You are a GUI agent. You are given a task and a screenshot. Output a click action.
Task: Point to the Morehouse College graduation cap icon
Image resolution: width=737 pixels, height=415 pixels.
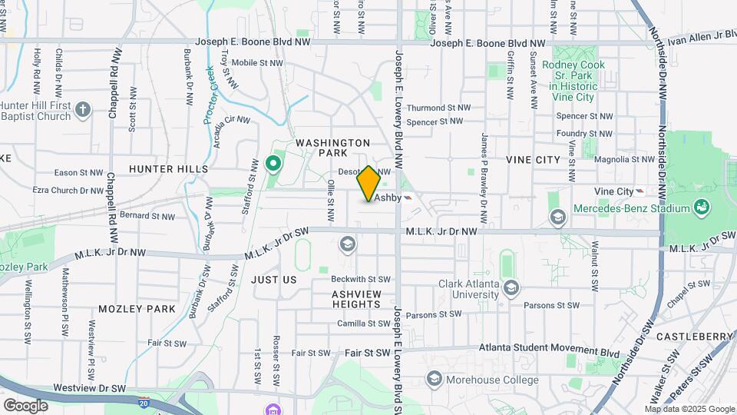coord(434,379)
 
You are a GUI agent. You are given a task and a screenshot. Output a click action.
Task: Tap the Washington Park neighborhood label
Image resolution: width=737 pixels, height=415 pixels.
coord(332,148)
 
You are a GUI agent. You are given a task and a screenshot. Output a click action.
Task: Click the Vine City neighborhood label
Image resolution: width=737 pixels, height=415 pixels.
coord(533,159)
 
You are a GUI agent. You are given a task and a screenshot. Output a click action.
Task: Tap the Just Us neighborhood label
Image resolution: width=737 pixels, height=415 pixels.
coord(273,280)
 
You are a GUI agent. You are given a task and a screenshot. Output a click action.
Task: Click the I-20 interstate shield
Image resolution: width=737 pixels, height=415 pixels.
coord(144,402)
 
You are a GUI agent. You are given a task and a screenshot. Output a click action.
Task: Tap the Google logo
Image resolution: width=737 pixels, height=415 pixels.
coord(25,405)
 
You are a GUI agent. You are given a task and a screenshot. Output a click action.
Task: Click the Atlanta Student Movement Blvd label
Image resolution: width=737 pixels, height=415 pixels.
coord(549,348)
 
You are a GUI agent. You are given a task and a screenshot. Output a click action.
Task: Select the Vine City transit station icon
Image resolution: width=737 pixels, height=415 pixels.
coord(640,191)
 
